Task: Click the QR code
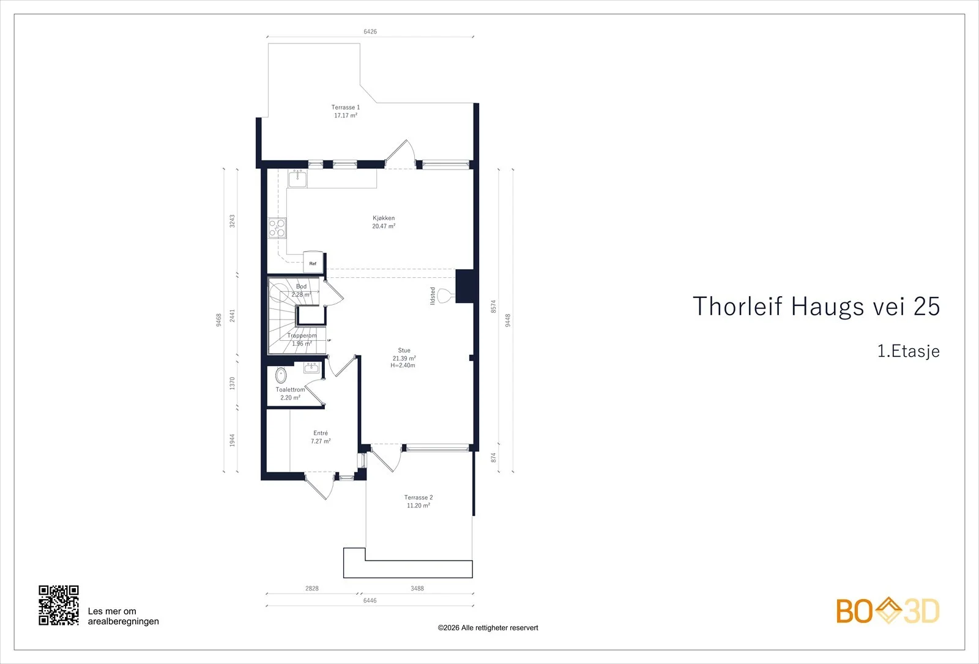click(x=59, y=605)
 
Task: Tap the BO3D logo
click(x=888, y=611)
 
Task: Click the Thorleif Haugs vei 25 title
click(x=816, y=306)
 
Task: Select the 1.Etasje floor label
click(x=909, y=351)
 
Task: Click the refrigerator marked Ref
click(x=313, y=262)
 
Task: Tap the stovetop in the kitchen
click(x=277, y=228)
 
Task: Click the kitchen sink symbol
click(x=297, y=179)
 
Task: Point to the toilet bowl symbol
click(x=281, y=376)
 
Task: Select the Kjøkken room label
click(x=384, y=218)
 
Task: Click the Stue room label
click(x=404, y=350)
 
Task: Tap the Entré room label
click(x=321, y=433)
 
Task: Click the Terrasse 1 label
click(x=345, y=107)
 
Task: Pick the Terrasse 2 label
click(x=419, y=498)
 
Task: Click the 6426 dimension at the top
click(x=370, y=31)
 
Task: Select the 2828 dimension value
click(x=312, y=588)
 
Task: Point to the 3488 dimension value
click(x=417, y=588)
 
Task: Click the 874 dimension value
click(x=493, y=458)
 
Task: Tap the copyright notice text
click(x=488, y=628)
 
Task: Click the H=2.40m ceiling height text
click(x=403, y=365)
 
